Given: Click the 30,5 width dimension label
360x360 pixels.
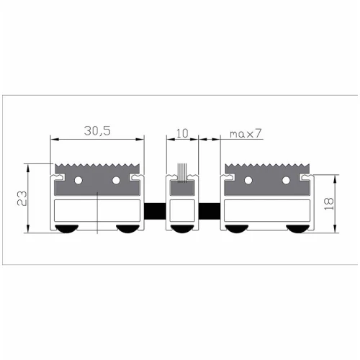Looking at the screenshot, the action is click(97, 131).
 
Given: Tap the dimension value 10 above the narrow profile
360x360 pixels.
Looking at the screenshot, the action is click(182, 133).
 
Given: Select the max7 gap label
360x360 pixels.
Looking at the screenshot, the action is click(246, 134).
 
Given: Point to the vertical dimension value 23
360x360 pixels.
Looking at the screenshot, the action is click(22, 198).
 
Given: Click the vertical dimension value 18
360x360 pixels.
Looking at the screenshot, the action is click(329, 204).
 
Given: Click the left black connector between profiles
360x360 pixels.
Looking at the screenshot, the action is click(155, 211).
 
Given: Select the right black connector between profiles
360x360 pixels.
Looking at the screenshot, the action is click(210, 211).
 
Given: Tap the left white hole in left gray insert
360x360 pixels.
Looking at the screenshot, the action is click(78, 180).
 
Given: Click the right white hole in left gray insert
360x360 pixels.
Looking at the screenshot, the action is click(116, 180).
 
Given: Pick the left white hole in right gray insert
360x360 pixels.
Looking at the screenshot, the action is click(248, 180).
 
